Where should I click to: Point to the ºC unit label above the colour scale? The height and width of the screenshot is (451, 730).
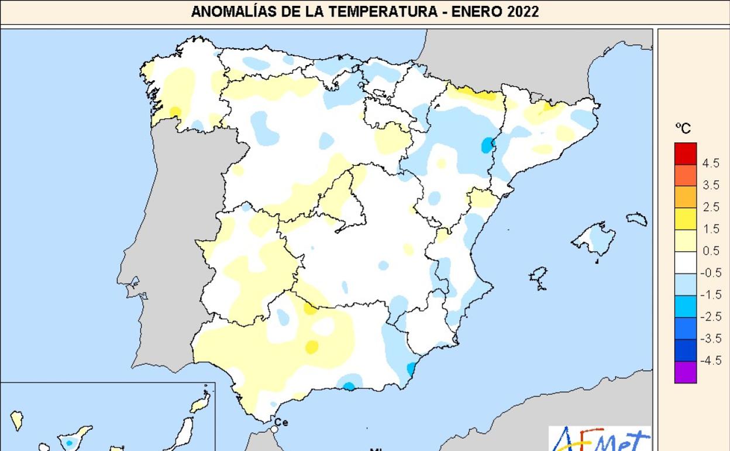pyautogui.click(x=683, y=129)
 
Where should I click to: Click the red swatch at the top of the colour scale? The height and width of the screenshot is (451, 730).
pyautogui.click(x=686, y=153)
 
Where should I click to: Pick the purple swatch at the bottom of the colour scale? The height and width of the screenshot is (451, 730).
pyautogui.click(x=686, y=372)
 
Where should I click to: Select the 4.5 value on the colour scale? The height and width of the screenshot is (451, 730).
pyautogui.click(x=710, y=164)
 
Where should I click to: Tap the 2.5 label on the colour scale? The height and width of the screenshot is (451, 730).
pyautogui.click(x=710, y=207)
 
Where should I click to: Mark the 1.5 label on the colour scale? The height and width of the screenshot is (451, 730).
pyautogui.click(x=710, y=230)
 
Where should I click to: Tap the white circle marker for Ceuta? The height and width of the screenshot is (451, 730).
pyautogui.click(x=274, y=430)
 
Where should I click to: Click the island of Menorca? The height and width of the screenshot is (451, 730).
pyautogui.click(x=638, y=220)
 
